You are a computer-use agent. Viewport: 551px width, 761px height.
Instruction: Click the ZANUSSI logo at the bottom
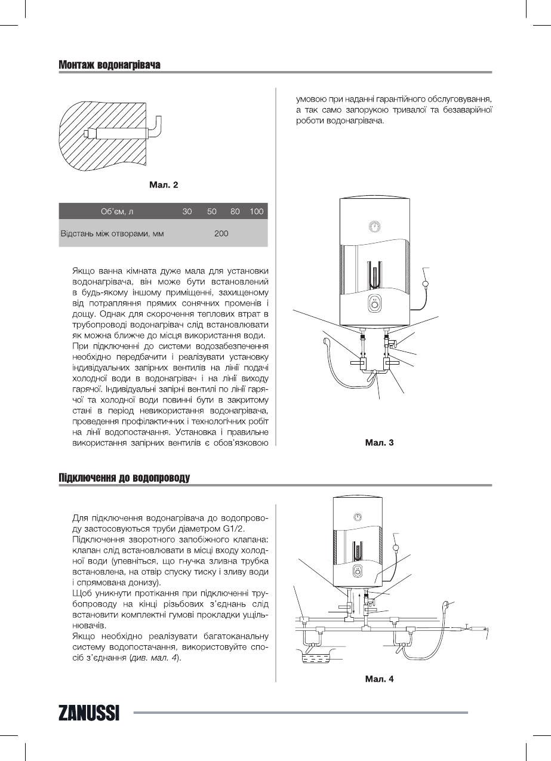pyautogui.click(x=89, y=713)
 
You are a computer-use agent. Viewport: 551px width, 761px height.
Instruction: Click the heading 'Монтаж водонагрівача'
pyautogui.click(x=109, y=64)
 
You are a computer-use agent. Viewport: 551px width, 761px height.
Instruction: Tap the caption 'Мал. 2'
pyautogui.click(x=163, y=185)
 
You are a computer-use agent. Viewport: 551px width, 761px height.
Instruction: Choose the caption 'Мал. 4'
pyautogui.click(x=379, y=679)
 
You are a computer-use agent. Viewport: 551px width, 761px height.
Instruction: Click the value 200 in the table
pyautogui.click(x=221, y=233)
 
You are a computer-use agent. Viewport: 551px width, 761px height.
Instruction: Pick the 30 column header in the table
pyautogui.click(x=187, y=211)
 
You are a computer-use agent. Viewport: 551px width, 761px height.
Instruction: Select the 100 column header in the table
pyautogui.click(x=257, y=211)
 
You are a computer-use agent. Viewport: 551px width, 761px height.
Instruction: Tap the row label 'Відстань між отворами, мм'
pyautogui.click(x=112, y=233)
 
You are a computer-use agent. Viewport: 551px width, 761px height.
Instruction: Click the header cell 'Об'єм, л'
pyautogui.click(x=116, y=211)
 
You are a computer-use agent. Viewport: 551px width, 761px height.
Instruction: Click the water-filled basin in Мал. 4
pyautogui.click(x=316, y=660)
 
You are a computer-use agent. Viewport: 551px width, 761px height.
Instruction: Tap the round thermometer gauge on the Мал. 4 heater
pyautogui.click(x=357, y=517)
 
